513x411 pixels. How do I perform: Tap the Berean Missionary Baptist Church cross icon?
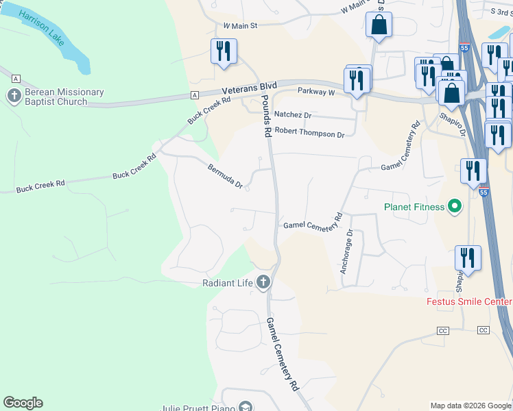(14, 96)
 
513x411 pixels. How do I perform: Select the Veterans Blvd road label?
(249, 88)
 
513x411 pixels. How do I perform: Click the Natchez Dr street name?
(293, 116)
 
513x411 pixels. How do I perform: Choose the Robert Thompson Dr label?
(309, 134)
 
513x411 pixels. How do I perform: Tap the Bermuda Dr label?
(226, 175)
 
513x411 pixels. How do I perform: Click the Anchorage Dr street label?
(346, 249)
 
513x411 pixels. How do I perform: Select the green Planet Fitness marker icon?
(454, 206)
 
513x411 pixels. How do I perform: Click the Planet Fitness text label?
(414, 206)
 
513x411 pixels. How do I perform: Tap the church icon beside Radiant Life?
(263, 282)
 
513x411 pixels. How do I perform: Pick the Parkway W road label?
(315, 91)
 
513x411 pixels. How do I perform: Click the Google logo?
(23, 403)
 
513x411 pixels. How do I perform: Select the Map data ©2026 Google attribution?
(470, 406)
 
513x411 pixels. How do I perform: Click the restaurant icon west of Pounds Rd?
(224, 52)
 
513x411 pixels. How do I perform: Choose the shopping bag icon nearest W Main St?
(379, 26)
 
